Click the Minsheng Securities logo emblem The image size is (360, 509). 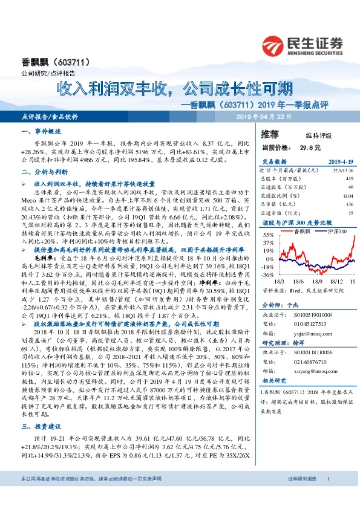274,44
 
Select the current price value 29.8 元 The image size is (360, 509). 306,147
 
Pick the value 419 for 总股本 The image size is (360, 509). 349,179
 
